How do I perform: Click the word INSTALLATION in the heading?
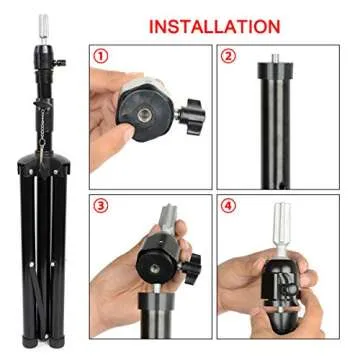[x=214, y=25]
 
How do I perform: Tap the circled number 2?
[x=229, y=57]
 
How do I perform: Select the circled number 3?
[x=102, y=208]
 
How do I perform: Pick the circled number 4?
[x=229, y=208]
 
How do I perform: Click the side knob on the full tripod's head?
[x=59, y=63]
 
